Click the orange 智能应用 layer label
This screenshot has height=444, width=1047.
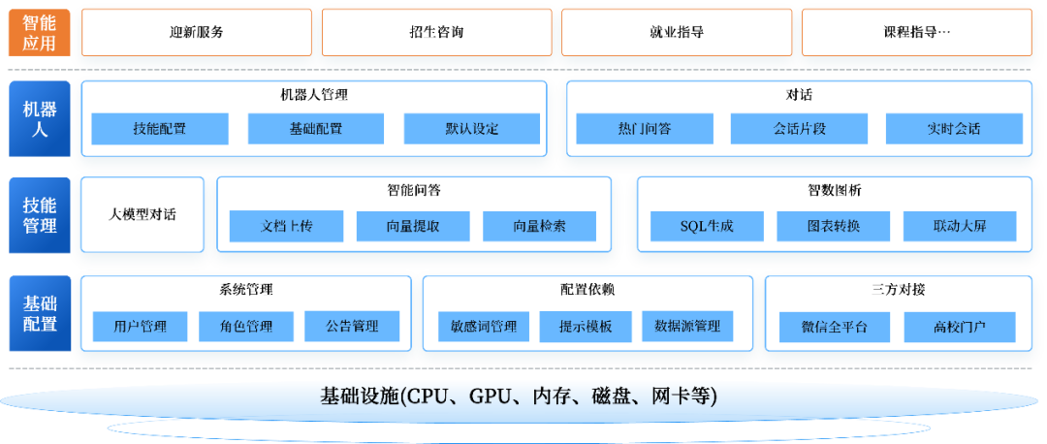coord(39,32)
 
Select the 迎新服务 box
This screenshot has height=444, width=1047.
coord(197,32)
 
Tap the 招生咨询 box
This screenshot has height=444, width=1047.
coord(436,32)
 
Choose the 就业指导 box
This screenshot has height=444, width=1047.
coord(677,32)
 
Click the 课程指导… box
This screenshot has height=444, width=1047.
coord(916,32)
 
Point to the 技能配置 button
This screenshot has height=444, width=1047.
coord(160,129)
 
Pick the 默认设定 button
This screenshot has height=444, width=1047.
coord(472,129)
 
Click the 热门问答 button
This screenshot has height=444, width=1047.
coord(645,129)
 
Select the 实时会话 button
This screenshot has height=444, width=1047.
coord(954,129)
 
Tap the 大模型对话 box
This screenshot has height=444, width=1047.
coord(143,214)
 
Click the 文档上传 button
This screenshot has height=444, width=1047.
coord(287,227)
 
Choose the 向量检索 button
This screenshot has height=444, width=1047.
coord(539,227)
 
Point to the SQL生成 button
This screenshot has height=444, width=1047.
coord(707,227)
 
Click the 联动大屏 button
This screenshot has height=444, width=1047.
coord(960,227)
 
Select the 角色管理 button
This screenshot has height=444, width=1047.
coord(246,327)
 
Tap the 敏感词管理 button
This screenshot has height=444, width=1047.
coord(484,327)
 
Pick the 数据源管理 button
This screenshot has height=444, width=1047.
coord(687,327)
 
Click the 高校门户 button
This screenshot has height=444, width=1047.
coord(960,327)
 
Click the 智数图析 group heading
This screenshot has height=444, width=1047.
coord(834,190)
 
